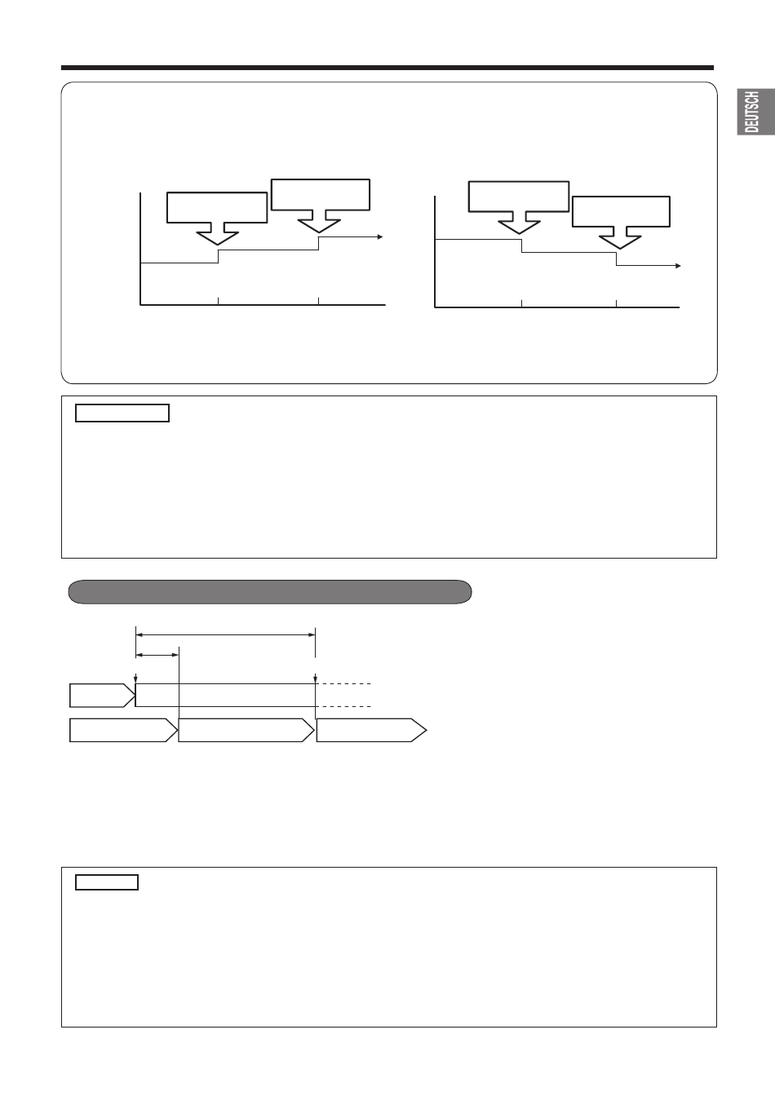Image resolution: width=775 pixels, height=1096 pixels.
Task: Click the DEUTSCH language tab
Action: point(756,112)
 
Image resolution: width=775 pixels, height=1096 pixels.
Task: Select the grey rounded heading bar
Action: point(270,591)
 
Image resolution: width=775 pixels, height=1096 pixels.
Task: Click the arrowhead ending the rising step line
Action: point(380,236)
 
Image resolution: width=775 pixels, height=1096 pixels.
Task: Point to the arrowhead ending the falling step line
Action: point(678,266)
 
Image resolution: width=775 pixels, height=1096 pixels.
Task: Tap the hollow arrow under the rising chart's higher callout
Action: point(319,221)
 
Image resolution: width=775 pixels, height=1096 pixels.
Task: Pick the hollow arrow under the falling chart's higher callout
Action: point(519,223)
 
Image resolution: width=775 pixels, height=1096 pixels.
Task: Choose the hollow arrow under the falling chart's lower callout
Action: point(620,238)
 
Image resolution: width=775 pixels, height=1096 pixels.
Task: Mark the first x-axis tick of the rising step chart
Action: point(219,300)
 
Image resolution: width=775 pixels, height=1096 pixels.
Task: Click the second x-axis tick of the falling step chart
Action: point(616,303)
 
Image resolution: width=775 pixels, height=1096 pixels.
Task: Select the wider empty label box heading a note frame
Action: point(122,413)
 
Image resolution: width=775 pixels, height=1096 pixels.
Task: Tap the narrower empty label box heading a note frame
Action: point(107,882)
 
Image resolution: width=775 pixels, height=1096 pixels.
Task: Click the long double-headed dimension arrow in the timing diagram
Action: point(226,635)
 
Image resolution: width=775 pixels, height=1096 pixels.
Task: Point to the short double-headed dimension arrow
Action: point(157,655)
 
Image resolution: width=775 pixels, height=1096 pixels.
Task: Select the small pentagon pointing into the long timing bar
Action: point(102,696)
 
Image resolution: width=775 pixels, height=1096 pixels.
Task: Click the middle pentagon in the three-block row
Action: point(246,731)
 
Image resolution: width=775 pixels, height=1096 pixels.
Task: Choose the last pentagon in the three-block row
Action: point(371,731)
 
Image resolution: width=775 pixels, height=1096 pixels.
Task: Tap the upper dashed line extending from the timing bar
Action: point(343,683)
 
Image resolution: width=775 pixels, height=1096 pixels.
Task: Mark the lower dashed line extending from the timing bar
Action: point(343,706)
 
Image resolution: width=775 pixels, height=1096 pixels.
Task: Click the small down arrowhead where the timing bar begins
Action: point(135,679)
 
